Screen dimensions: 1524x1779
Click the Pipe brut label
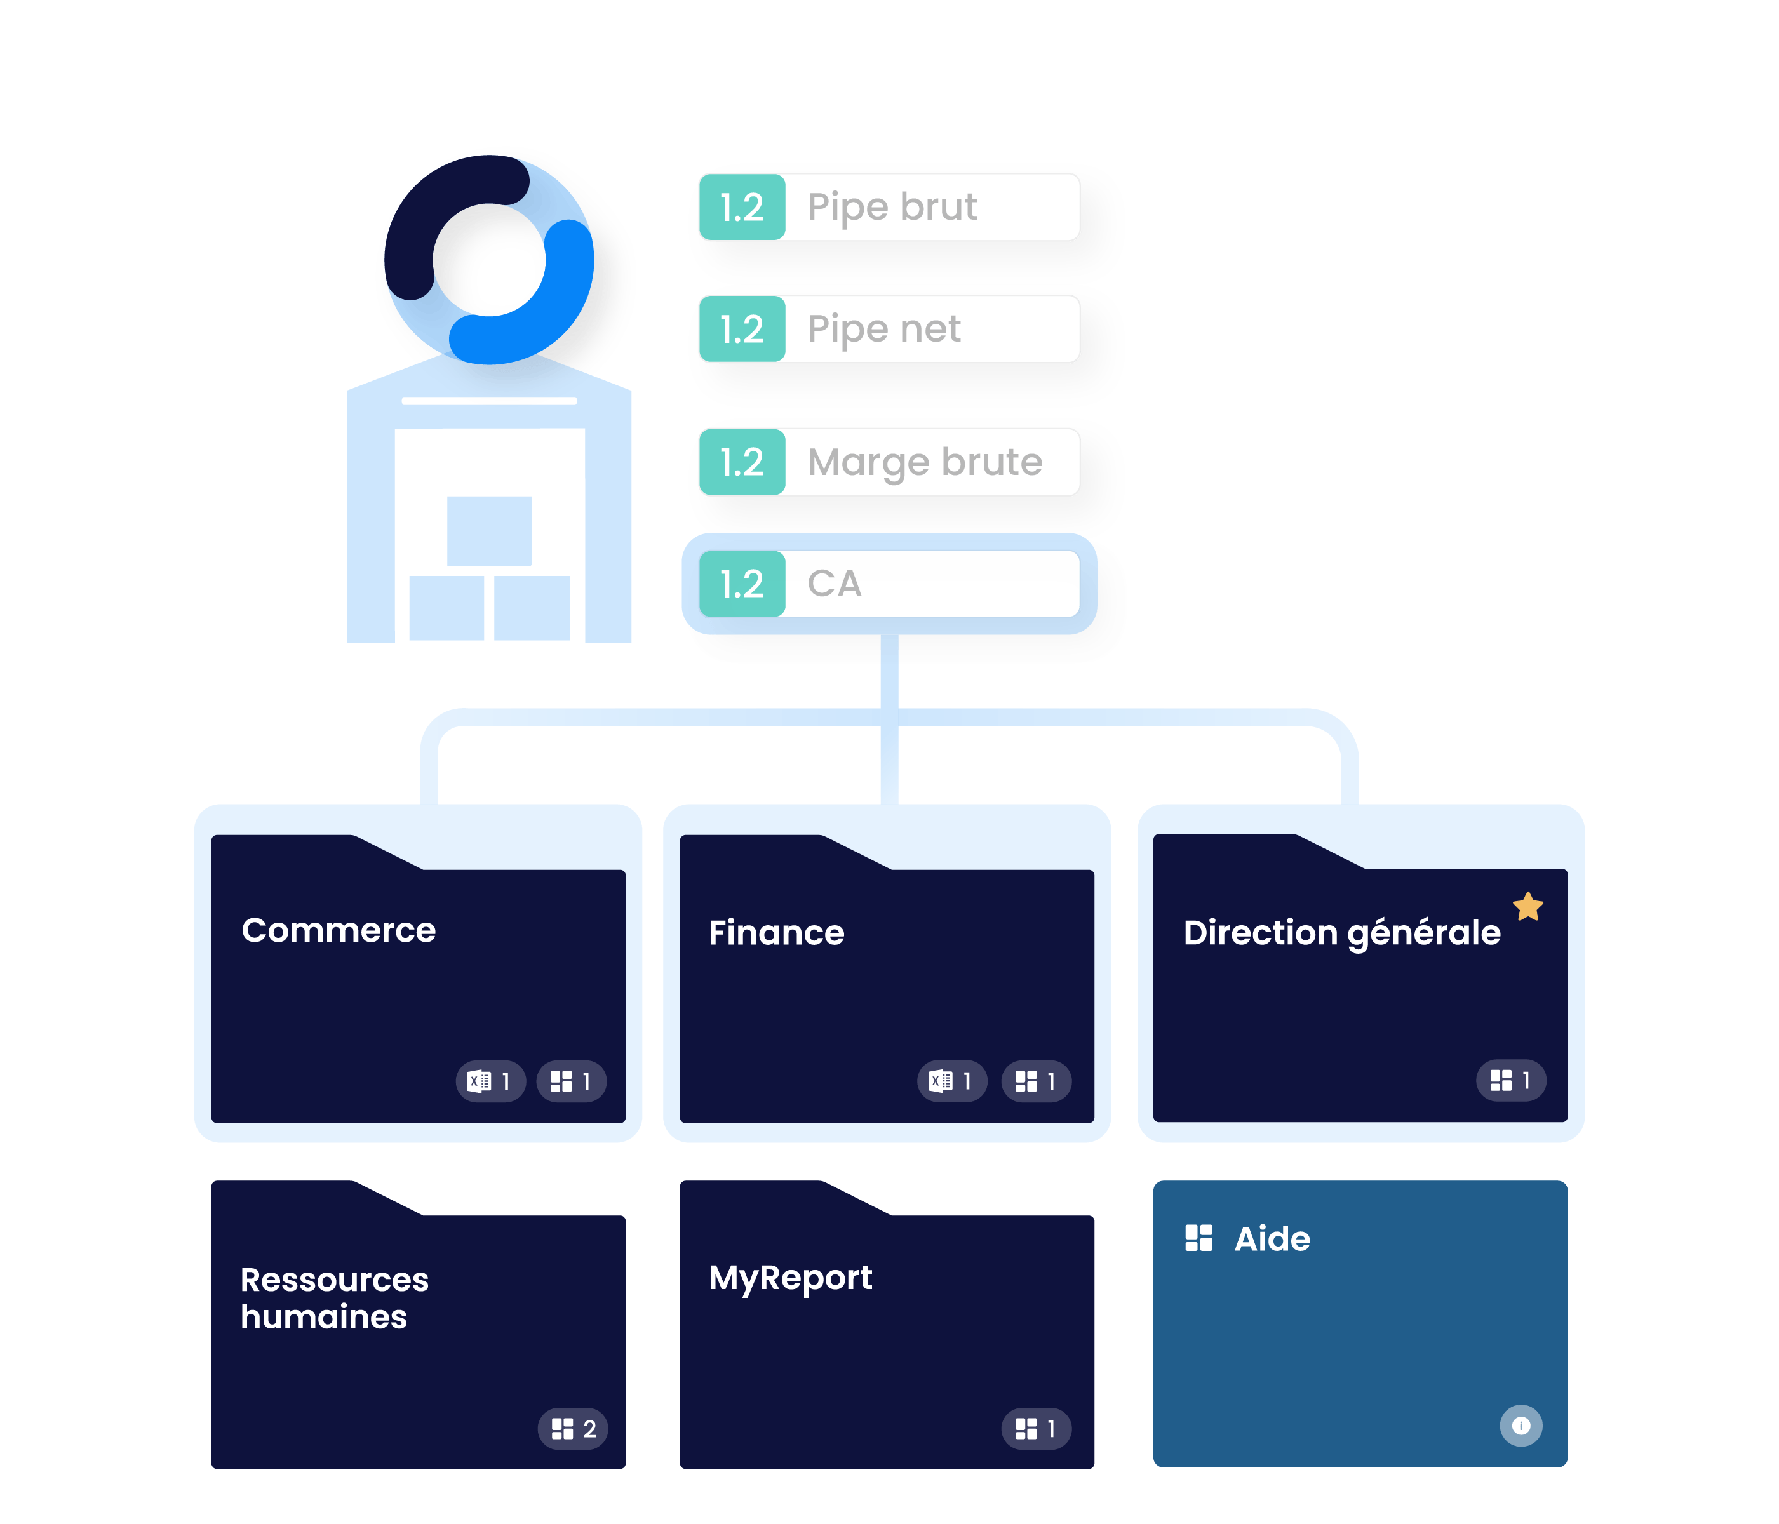892,207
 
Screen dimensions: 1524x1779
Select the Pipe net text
883,329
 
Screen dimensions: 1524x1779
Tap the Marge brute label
925,462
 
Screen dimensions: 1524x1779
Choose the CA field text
834,584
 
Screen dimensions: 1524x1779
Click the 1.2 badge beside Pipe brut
742,207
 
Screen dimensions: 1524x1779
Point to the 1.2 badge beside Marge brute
742,462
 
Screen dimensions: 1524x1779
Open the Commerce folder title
339,930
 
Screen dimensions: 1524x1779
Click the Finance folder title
776,932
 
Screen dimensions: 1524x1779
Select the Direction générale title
1341,932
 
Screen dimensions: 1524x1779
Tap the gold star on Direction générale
1528,906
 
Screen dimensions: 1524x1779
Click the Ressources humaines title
334,1297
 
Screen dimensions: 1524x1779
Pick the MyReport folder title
790,1278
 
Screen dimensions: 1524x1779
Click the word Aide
1272,1239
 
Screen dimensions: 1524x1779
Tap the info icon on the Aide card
1521,1426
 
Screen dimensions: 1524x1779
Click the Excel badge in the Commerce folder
490,1081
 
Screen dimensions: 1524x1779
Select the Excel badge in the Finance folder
951,1081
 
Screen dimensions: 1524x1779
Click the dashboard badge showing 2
573,1429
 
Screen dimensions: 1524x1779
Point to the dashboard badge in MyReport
1035,1429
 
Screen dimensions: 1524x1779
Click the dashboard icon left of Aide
1198,1238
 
